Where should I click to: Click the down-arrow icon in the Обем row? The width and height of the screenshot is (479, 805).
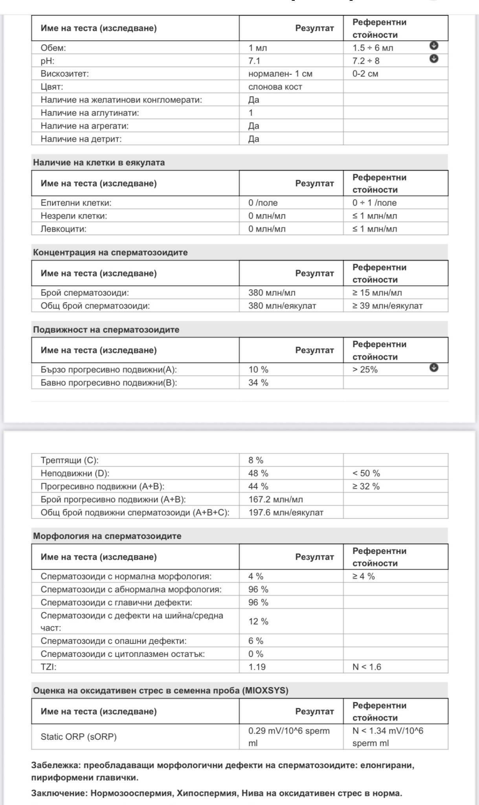click(433, 46)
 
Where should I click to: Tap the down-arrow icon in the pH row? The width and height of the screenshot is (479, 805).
click(433, 59)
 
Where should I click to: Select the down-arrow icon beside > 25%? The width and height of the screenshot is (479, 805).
click(433, 368)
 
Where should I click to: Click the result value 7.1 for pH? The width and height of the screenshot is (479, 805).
click(254, 61)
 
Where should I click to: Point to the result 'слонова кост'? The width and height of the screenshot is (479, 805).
click(275, 87)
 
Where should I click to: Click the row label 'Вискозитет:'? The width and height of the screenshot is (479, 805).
click(64, 74)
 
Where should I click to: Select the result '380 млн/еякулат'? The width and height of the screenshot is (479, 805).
click(282, 306)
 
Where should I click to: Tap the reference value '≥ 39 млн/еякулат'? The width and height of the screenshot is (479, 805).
click(387, 306)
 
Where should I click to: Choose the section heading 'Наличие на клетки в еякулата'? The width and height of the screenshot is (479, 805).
click(99, 163)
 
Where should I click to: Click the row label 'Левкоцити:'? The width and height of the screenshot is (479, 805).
click(63, 229)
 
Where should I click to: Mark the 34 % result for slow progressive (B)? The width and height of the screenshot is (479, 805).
click(258, 383)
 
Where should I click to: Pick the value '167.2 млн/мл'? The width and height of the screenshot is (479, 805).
click(275, 500)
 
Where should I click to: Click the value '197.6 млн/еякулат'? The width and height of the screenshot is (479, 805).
click(286, 513)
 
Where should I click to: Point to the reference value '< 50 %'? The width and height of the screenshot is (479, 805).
click(366, 474)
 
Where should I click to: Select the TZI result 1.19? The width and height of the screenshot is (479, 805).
click(257, 667)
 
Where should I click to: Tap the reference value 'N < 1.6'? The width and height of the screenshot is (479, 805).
click(367, 667)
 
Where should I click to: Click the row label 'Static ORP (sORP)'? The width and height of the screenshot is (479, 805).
click(79, 737)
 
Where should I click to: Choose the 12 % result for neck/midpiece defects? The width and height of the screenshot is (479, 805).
click(258, 621)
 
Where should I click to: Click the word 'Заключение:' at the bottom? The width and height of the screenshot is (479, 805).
click(59, 793)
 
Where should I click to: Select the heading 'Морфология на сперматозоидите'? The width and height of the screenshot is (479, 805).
click(107, 536)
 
